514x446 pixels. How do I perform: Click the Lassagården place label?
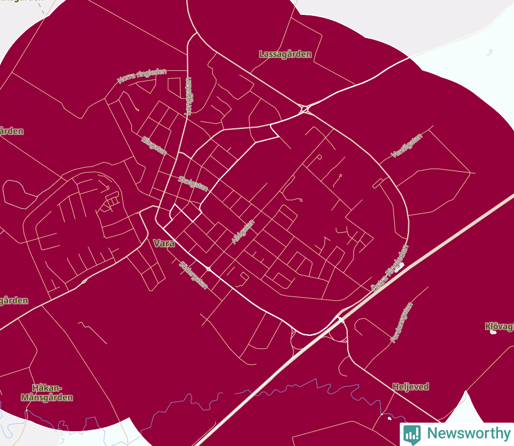[285, 54]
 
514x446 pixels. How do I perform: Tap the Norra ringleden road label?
[142, 76]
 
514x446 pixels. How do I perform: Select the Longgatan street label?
[188, 96]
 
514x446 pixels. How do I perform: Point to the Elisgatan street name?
[154, 145]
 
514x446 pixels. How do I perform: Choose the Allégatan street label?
[243, 232]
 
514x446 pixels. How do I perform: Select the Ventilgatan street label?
[407, 145]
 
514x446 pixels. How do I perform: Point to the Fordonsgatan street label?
[401, 322]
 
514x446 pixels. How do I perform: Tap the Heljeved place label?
[411, 387]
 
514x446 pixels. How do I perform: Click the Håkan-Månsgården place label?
[47, 392]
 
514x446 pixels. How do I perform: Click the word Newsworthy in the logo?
[468, 433]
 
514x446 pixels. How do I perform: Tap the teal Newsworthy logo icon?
[411, 434]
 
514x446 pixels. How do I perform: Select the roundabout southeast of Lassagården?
[304, 108]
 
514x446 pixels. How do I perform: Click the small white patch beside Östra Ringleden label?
[401, 265]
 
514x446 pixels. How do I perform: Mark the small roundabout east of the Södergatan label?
[209, 268]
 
